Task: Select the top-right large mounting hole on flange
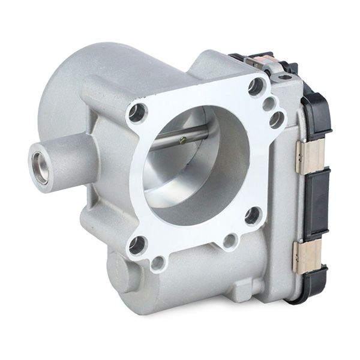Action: coord(256,88)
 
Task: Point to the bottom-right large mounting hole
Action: coord(253,214)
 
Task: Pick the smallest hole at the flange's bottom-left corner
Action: coord(158,262)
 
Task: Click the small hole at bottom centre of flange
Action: coord(229,242)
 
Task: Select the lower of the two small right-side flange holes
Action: coord(277,119)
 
